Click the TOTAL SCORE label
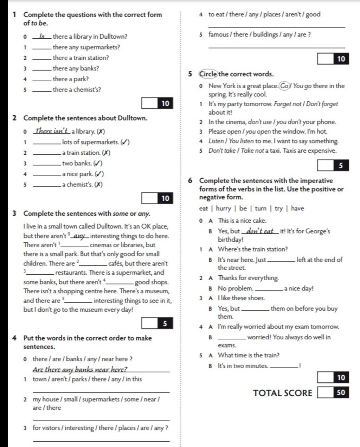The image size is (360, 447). click(282, 393)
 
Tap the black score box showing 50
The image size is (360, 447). click(341, 392)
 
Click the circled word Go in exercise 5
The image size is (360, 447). click(284, 86)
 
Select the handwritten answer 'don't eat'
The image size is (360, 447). click(260, 231)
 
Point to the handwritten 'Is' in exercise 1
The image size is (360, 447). click(42, 36)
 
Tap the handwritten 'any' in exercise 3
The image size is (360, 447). click(80, 236)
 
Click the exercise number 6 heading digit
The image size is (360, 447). click(190, 181)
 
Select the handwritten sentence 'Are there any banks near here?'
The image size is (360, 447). click(80, 369)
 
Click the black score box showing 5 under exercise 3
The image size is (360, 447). click(165, 323)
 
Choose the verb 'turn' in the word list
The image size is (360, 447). click(261, 208)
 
